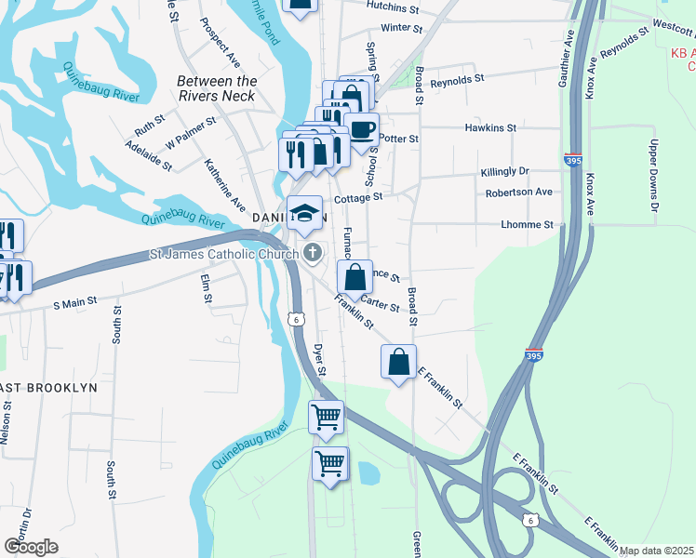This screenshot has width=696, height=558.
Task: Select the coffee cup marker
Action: [x=361, y=129]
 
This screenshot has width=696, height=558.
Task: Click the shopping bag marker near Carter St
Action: [x=355, y=276]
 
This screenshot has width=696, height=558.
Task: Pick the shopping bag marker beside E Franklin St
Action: [x=398, y=362]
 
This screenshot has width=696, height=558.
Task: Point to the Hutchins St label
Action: [x=394, y=6]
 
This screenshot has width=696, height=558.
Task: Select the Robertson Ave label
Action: [x=518, y=193]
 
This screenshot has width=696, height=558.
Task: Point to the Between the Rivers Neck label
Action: [x=217, y=88]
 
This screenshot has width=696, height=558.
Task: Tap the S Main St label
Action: [x=76, y=304]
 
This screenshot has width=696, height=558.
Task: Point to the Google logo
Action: [x=31, y=547]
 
